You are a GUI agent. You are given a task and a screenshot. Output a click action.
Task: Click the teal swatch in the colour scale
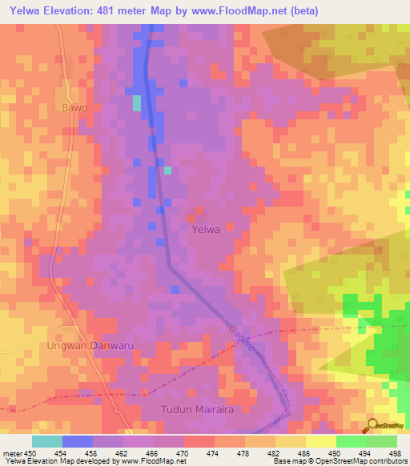point(47,441)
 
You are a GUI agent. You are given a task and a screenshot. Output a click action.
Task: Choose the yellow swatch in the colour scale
point(321,441)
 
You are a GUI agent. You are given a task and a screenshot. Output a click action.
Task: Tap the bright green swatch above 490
point(351,441)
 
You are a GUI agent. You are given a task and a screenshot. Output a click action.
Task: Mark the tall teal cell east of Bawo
point(136,102)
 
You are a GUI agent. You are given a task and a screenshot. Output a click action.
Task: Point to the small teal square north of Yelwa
point(167,170)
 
